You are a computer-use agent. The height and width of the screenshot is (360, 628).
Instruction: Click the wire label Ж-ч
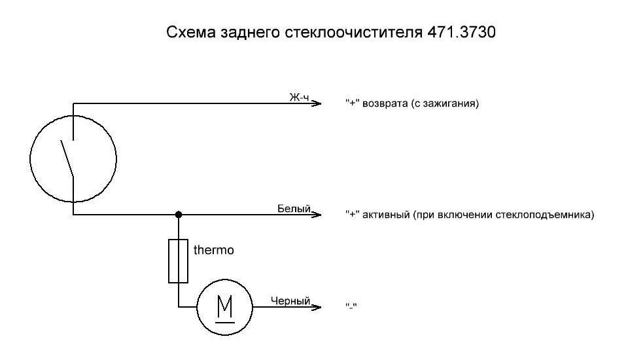click(300, 97)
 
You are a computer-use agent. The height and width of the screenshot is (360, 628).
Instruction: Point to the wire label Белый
click(294, 208)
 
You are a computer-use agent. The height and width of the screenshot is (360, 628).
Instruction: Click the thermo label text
click(214, 249)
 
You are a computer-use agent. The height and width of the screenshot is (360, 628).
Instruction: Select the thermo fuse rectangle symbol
click(179, 261)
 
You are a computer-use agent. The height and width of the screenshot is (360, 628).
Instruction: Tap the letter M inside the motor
click(224, 305)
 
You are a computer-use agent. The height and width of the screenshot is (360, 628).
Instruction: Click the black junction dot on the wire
click(179, 214)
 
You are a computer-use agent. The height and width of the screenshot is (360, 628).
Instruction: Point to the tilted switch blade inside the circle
click(67, 157)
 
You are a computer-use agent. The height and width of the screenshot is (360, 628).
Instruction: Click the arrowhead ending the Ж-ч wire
click(318, 103)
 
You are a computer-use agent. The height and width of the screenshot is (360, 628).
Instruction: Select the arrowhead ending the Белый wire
click(318, 214)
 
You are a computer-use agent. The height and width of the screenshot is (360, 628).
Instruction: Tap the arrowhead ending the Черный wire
click(318, 306)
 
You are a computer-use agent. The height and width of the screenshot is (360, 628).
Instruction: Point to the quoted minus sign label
click(353, 306)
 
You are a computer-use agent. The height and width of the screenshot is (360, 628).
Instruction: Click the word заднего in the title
click(251, 32)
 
